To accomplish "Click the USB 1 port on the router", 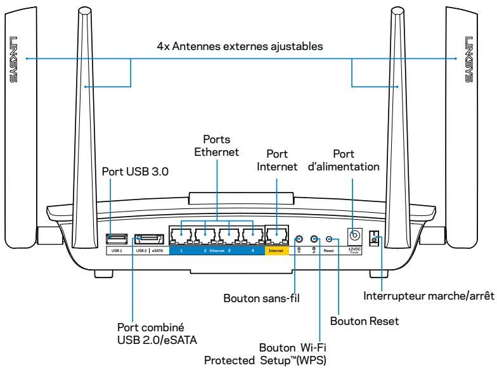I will (x=117, y=239).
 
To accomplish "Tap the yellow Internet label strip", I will (x=276, y=251).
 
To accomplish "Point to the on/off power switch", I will (x=375, y=240).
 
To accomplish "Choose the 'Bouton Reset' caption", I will (x=368, y=321).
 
